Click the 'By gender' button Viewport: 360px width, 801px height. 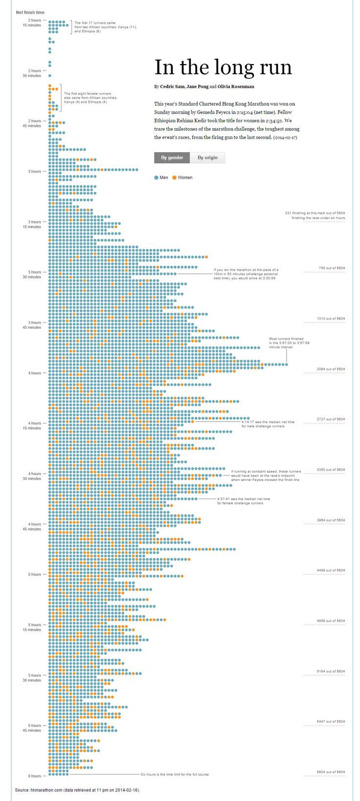tap(172, 158)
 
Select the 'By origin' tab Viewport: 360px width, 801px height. tap(207, 158)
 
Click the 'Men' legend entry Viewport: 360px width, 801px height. tap(161, 178)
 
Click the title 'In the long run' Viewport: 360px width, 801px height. tap(223, 68)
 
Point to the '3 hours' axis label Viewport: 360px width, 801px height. tap(35, 171)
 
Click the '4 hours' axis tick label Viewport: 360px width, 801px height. tap(35, 373)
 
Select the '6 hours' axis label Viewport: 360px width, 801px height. tap(35, 776)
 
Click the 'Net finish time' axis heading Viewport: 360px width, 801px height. tap(30, 12)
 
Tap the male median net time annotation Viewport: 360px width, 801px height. tap(268, 424)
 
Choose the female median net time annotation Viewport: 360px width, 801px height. tap(243, 501)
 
